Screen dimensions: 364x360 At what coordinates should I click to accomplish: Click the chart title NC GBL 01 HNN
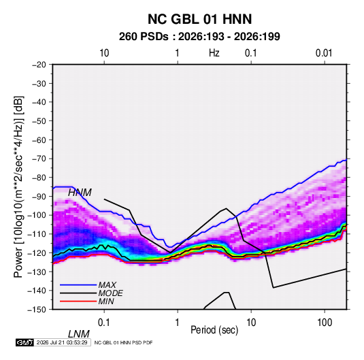199,19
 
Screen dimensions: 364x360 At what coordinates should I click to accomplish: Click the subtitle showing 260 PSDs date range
199,37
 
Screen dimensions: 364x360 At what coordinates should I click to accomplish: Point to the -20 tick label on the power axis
39,65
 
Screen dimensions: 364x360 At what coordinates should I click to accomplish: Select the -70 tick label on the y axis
39,159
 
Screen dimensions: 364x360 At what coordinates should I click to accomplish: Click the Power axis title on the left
18,187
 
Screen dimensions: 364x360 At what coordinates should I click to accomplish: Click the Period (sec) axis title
214,330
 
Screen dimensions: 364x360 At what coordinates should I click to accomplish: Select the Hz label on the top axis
214,53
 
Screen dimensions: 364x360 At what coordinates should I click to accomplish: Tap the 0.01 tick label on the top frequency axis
324,53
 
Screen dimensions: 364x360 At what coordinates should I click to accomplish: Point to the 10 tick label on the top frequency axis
104,53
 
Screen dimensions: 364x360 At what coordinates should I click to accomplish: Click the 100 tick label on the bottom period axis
325,323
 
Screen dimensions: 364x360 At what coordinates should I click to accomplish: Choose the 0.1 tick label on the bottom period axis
103,323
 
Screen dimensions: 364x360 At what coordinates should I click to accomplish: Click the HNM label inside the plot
80,193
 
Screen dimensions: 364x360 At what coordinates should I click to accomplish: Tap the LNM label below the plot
79,334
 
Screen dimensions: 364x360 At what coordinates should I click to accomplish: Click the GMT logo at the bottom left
25,342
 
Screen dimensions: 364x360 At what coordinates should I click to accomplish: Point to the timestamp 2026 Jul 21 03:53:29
62,342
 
